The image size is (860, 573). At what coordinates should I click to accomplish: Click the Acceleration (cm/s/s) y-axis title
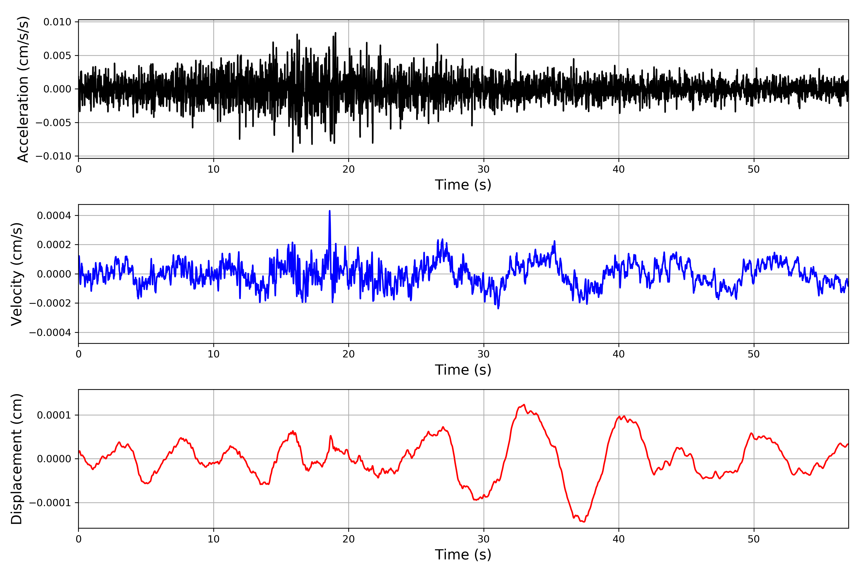pyautogui.click(x=23, y=89)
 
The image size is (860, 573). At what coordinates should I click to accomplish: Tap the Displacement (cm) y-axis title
pyautogui.click(x=17, y=459)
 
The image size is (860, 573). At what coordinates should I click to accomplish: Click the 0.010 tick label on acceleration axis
pyautogui.click(x=57, y=22)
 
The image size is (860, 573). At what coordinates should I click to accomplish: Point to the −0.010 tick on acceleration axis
pyautogui.click(x=53, y=156)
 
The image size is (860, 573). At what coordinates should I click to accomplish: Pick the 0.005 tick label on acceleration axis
pyautogui.click(x=57, y=56)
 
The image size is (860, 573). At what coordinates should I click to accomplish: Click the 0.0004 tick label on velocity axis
pyautogui.click(x=54, y=215)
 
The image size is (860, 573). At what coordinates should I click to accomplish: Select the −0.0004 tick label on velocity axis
pyautogui.click(x=50, y=333)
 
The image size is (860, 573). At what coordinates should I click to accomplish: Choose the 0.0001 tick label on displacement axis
pyautogui.click(x=54, y=415)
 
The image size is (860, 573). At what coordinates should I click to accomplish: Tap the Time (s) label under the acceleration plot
pyautogui.click(x=463, y=185)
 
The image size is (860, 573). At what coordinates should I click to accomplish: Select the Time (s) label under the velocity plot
pyautogui.click(x=463, y=370)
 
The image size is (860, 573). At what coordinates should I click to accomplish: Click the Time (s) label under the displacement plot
pyautogui.click(x=463, y=555)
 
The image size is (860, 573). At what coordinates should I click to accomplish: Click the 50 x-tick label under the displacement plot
pyautogui.click(x=754, y=539)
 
